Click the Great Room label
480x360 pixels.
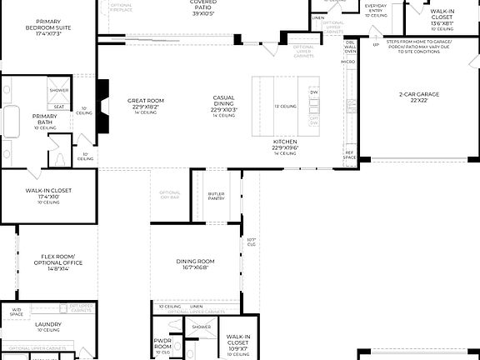click(145, 102)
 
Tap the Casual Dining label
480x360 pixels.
click(224, 102)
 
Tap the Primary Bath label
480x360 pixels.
click(44, 118)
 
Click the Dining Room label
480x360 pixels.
click(196, 264)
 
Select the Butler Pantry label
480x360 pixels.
click(217, 197)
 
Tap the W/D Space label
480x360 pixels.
click(17, 312)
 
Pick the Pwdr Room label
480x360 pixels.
click(162, 342)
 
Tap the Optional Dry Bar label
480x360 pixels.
click(170, 196)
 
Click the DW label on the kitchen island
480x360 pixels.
click(314, 92)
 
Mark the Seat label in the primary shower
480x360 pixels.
click(59, 107)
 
